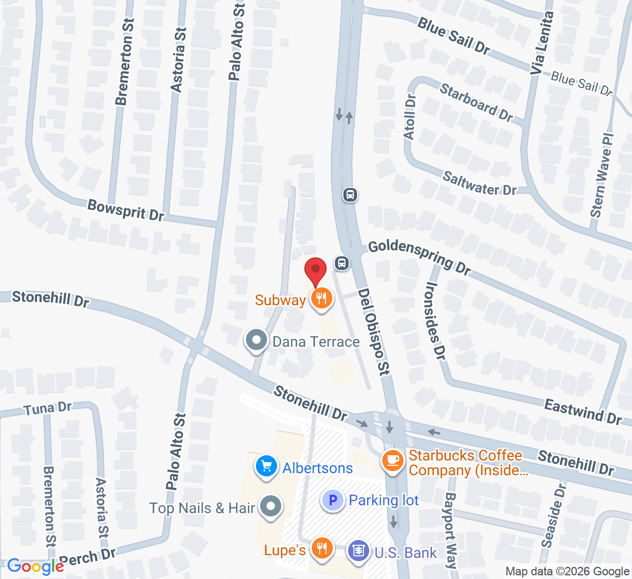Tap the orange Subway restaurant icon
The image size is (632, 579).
(x=321, y=299)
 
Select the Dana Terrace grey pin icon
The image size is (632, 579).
(x=256, y=341)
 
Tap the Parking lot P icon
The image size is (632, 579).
(x=333, y=500)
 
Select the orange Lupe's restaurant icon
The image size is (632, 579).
(x=321, y=549)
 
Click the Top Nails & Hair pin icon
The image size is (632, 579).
(x=271, y=507)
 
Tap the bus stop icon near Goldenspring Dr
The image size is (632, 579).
(x=342, y=263)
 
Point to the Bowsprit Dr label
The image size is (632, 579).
(x=126, y=209)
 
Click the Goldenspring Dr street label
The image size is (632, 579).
(x=419, y=256)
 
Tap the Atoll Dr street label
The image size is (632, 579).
(x=410, y=117)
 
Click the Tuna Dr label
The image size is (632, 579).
(x=47, y=408)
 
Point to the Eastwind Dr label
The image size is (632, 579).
(x=582, y=411)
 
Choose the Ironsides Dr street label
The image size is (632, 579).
(x=435, y=321)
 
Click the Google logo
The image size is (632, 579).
(x=35, y=566)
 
